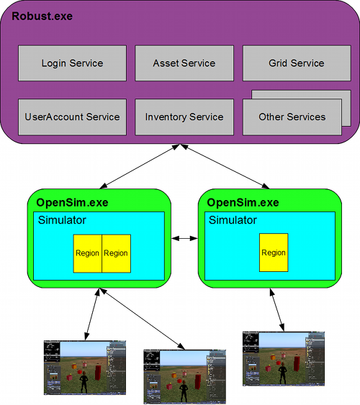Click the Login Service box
[x=72, y=63]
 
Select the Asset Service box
[x=184, y=63]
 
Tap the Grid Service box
[x=297, y=63]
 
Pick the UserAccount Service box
[x=72, y=117]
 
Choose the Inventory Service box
[x=184, y=117]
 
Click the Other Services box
[x=291, y=117]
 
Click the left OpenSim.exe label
[x=72, y=203]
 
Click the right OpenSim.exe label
[x=243, y=203]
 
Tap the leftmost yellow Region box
[x=87, y=253]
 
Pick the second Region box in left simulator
[x=116, y=253]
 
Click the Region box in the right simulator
[x=273, y=253]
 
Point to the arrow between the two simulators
[x=184, y=238]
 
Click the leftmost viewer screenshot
[x=84, y=367]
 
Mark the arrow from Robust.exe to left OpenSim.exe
[x=141, y=167]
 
